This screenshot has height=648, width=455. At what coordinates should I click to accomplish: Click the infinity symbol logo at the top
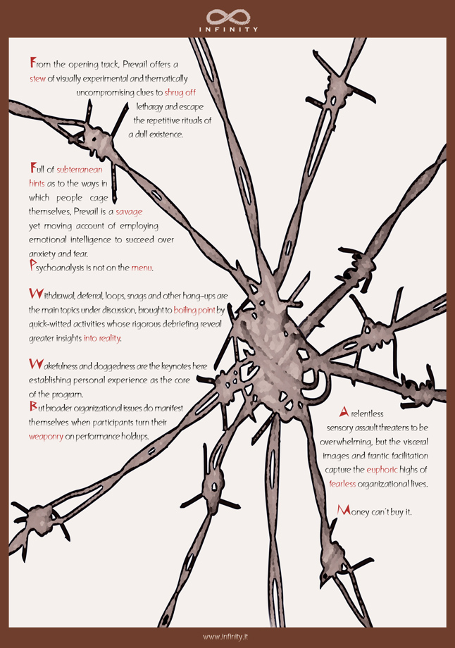click(227, 17)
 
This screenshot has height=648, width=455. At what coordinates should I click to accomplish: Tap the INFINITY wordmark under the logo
click(228, 30)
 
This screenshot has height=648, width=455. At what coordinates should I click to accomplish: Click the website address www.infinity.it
click(225, 637)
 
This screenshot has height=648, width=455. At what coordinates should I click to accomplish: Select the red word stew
click(37, 78)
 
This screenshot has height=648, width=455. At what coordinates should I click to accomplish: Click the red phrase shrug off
click(180, 92)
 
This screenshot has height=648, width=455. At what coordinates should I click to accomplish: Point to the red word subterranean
click(80, 170)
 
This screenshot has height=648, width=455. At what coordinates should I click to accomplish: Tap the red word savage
click(129, 212)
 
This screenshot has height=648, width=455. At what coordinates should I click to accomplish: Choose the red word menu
click(142, 268)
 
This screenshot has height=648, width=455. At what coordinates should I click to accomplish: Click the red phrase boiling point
click(194, 310)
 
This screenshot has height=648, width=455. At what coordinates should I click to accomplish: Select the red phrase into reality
click(102, 338)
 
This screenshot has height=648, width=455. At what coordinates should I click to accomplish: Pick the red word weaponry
click(46, 437)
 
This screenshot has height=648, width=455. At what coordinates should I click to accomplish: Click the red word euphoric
click(382, 470)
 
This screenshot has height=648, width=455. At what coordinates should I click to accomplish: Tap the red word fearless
click(342, 484)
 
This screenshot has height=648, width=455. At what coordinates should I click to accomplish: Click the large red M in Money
click(344, 510)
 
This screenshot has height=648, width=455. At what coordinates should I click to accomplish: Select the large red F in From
click(32, 63)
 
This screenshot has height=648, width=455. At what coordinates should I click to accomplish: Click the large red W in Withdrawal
click(35, 294)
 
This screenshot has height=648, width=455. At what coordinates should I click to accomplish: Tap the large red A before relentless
click(344, 411)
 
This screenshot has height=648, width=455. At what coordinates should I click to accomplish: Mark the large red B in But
click(33, 406)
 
